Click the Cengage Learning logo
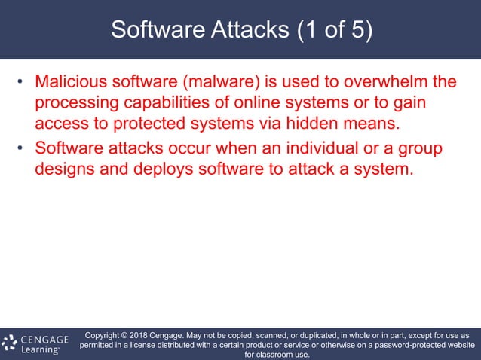pos(36,343)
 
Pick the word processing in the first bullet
pos(74,102)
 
